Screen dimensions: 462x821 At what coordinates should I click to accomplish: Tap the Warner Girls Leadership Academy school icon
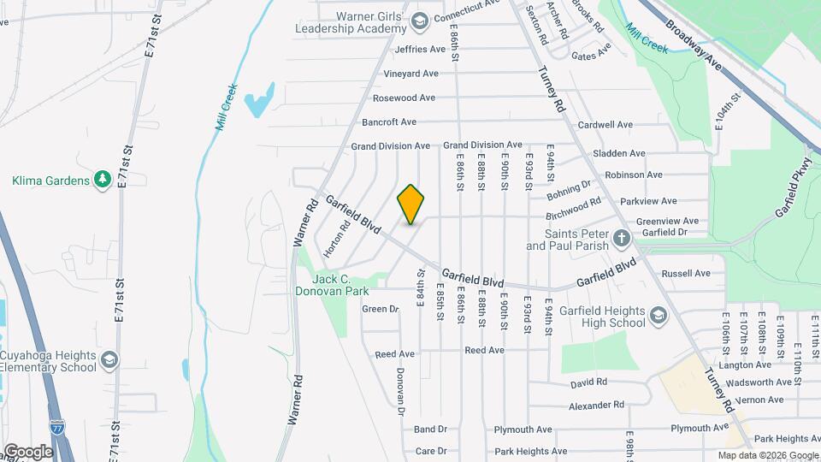pyautogui.click(x=420, y=20)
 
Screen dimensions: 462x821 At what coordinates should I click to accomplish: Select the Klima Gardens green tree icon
pyautogui.click(x=103, y=180)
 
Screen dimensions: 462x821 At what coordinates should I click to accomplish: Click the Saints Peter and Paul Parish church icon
pyautogui.click(x=622, y=237)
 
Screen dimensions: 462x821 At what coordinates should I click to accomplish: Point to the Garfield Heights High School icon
pyautogui.click(x=658, y=317)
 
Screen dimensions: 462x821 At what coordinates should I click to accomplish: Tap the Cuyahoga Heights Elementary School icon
pyautogui.click(x=109, y=359)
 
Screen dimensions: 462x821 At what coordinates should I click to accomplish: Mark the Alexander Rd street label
pyautogui.click(x=597, y=405)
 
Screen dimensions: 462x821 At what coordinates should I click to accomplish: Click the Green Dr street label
pyautogui.click(x=381, y=309)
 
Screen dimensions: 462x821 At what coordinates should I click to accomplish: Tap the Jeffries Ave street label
pyautogui.click(x=420, y=50)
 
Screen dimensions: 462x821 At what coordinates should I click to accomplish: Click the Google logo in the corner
pyautogui.click(x=28, y=451)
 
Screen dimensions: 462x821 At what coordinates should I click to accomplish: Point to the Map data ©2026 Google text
pyautogui.click(x=767, y=455)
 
